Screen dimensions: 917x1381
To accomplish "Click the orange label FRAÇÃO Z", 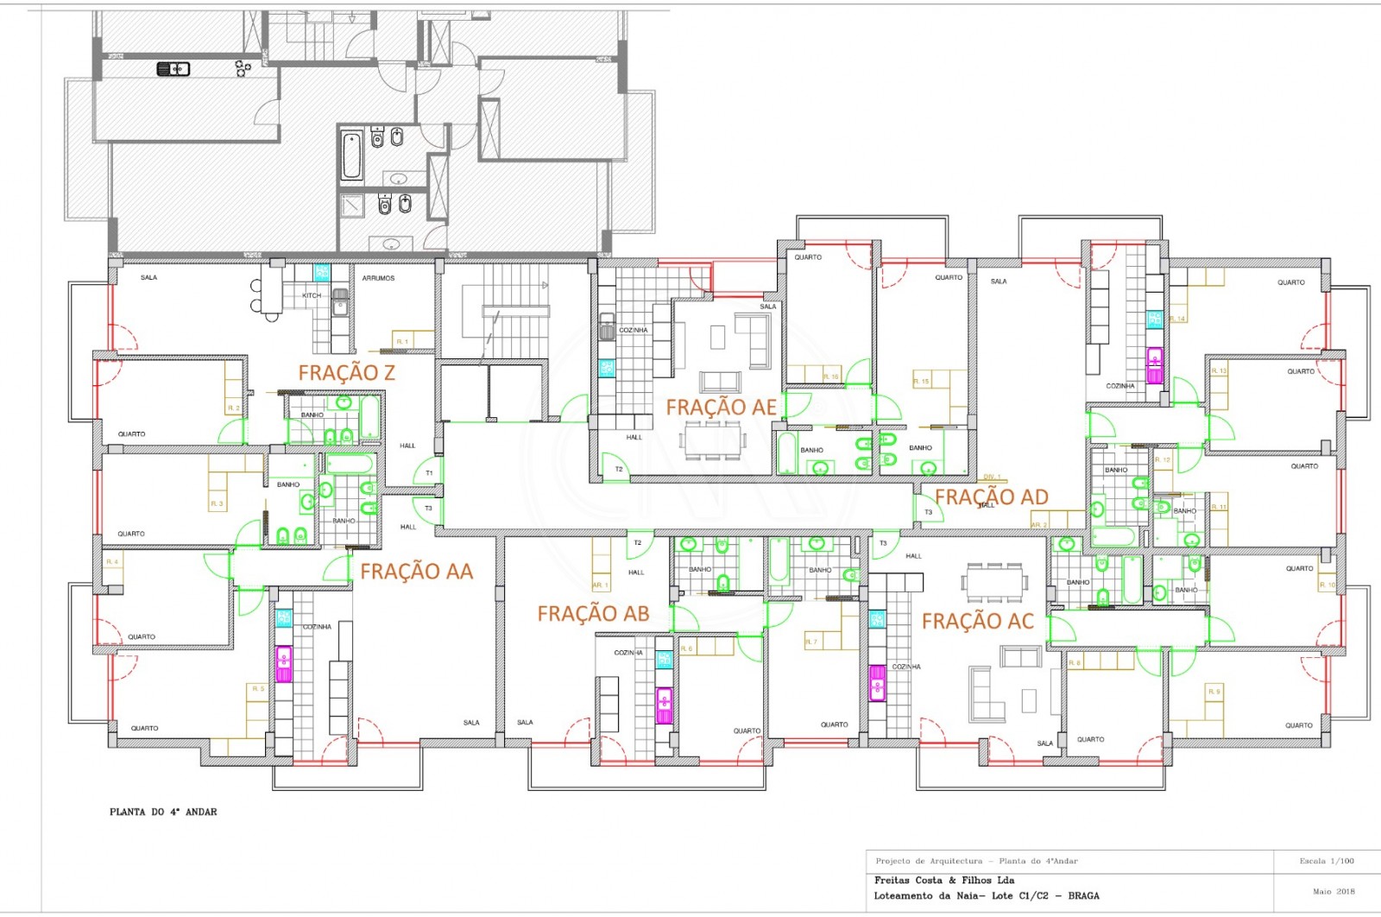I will pos(346,373).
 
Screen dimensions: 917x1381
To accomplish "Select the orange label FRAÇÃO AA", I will pos(416,572).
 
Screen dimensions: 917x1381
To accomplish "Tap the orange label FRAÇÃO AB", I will pos(593,614).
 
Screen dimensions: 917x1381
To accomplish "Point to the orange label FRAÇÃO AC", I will pos(977,622).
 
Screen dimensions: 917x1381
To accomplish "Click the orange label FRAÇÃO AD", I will pos(992,497).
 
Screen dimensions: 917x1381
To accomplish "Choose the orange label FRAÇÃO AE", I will pos(721,407).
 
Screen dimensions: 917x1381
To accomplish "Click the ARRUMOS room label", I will pos(378,278).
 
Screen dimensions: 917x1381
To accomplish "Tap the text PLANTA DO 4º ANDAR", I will pos(163,812).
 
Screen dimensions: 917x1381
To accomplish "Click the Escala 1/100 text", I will pos(1327,861).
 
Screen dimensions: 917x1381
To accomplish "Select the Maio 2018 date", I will pos(1334,891).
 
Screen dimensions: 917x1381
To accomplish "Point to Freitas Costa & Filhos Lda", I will pos(944,880).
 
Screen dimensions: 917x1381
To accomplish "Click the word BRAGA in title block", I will pos(1083,895).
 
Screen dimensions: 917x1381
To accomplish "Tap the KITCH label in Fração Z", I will pos(311,295).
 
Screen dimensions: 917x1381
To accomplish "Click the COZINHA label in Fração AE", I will pos(633,330).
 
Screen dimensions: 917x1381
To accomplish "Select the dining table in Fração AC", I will pos(996,581).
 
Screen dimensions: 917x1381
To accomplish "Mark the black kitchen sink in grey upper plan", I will pos(173,69).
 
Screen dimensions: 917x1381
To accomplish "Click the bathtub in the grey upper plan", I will pos(351,155).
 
